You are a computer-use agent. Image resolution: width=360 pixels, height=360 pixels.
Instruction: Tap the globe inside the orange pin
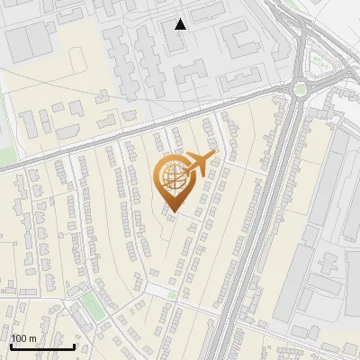click(x=173, y=175)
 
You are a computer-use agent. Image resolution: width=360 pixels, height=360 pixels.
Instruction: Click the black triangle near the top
click(x=181, y=24)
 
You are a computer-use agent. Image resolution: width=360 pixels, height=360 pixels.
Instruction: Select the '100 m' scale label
click(x=24, y=338)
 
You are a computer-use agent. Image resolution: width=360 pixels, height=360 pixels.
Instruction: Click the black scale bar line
click(x=42, y=346)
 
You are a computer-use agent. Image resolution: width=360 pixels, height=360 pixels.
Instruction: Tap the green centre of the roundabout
click(x=300, y=89)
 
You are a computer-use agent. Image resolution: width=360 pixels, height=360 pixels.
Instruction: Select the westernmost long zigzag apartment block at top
click(x=117, y=54)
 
